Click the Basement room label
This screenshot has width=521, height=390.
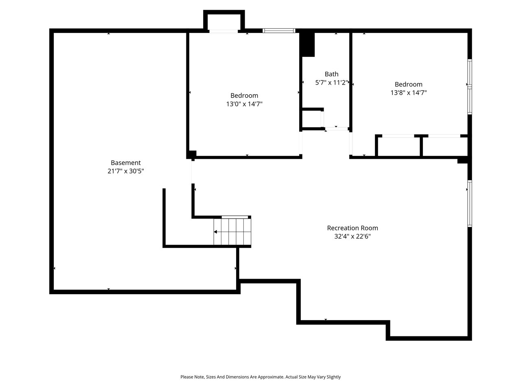pyautogui.click(x=125, y=162)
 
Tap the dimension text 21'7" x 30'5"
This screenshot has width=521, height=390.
pyautogui.click(x=125, y=171)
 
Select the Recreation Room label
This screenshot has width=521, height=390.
pyautogui.click(x=352, y=228)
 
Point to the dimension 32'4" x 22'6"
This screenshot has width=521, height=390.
pyautogui.click(x=352, y=236)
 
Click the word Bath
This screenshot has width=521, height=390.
pyautogui.click(x=331, y=74)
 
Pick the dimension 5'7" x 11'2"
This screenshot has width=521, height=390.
pyautogui.click(x=332, y=82)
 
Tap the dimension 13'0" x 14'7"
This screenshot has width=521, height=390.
pyautogui.click(x=244, y=104)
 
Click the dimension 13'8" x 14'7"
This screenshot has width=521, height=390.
pyautogui.click(x=409, y=93)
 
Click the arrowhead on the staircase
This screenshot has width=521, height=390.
pyautogui.click(x=215, y=232)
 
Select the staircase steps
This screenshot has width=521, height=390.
pyautogui.click(x=232, y=232)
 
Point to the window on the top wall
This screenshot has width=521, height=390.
pyautogui.click(x=279, y=30)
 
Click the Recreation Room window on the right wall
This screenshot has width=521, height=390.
pyautogui.click(x=470, y=204)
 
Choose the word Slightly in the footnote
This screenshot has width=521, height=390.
pyautogui.click(x=333, y=377)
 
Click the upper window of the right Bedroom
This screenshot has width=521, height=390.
pyautogui.click(x=470, y=72)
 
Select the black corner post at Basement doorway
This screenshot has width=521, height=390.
pyautogui.click(x=191, y=155)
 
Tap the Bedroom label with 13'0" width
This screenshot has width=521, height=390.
pyautogui.click(x=244, y=95)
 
